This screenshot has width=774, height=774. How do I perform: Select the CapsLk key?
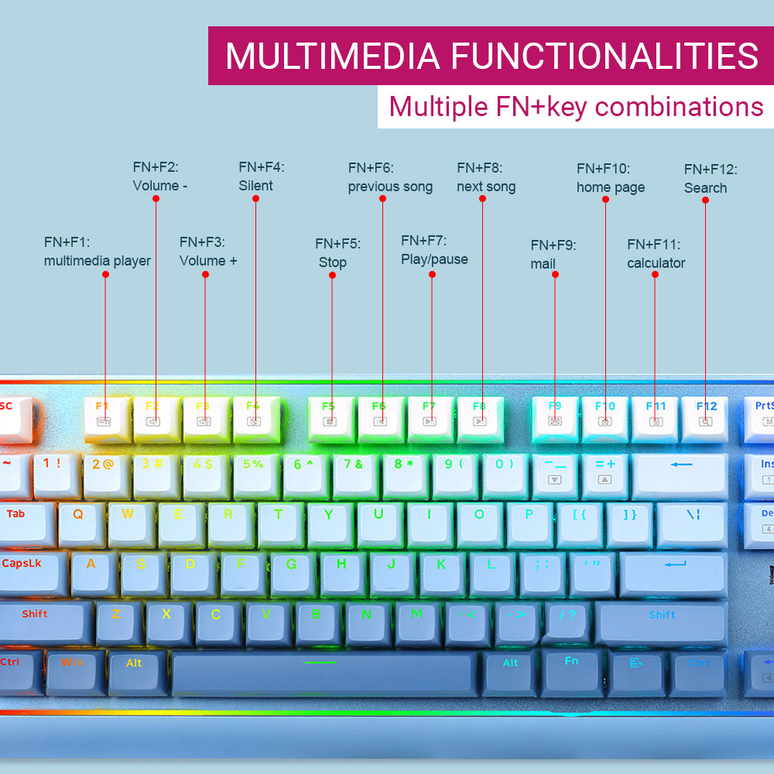click(x=23, y=570)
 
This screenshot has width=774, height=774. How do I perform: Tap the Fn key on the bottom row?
click(x=571, y=670)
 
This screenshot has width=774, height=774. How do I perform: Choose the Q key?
click(x=78, y=520)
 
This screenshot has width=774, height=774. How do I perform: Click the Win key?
click(x=73, y=670)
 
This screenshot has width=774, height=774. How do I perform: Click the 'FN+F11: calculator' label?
click(x=656, y=254)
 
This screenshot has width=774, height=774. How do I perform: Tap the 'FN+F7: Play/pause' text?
click(x=434, y=250)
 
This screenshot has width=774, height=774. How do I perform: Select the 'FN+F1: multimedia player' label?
click(x=97, y=252)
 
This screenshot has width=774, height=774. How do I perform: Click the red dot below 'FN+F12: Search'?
click(x=705, y=200)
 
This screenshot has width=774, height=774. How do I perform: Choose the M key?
click(x=416, y=619)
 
